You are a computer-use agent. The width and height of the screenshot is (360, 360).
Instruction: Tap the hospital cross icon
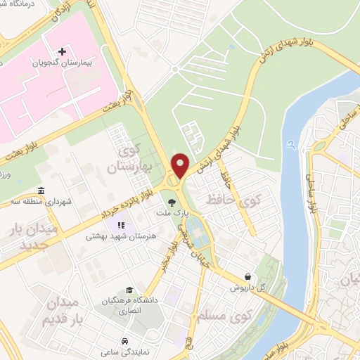click(x=62, y=51)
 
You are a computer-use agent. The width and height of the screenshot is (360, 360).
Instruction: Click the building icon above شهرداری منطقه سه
click(x=41, y=191)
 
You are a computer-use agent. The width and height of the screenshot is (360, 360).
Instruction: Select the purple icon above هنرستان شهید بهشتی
click(x=120, y=225)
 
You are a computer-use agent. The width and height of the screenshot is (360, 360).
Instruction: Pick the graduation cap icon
click(x=129, y=290)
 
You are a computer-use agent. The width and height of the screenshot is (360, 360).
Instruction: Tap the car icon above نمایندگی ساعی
click(x=124, y=335)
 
